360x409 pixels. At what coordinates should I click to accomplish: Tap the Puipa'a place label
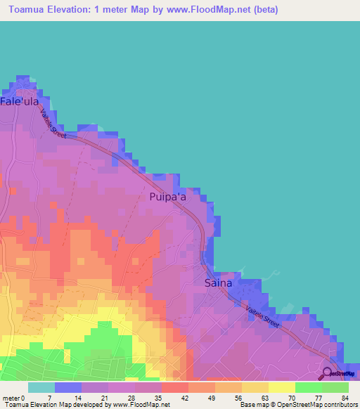(168, 198)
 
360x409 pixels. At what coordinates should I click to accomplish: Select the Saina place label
(218, 284)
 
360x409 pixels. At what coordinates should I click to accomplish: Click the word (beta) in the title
(266, 10)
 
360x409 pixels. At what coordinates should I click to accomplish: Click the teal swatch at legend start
(41, 387)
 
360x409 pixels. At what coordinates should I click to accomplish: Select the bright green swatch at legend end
(335, 387)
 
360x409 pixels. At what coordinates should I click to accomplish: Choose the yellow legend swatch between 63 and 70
(282, 387)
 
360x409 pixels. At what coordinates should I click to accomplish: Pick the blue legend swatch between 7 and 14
(68, 387)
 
